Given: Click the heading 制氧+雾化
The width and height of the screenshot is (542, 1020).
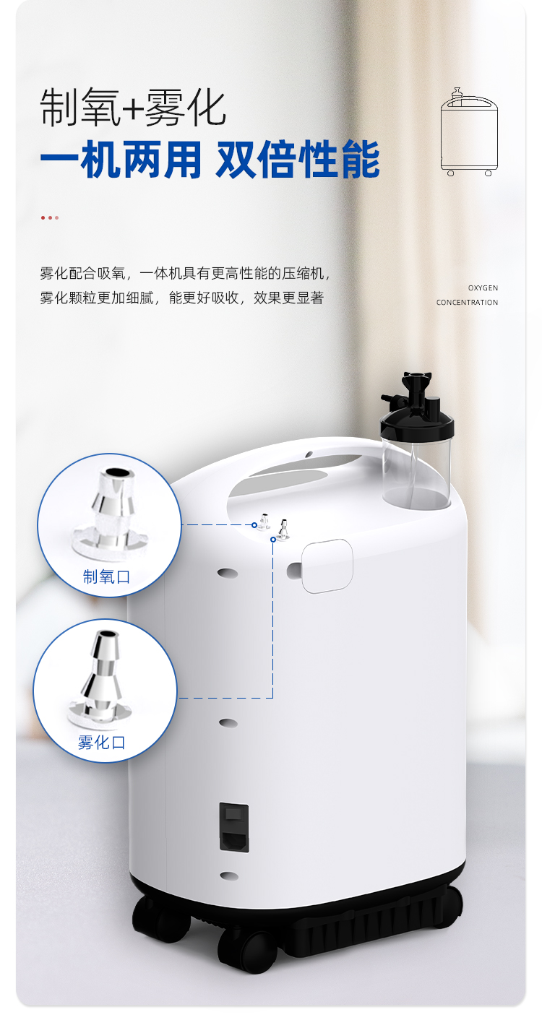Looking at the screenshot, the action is tap(133, 108).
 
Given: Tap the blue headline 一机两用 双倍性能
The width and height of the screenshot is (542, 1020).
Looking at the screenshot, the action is tap(210, 160).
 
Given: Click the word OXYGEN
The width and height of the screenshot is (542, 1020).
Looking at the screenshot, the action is tap(483, 288).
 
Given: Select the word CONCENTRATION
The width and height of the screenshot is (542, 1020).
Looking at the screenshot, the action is tap(467, 303).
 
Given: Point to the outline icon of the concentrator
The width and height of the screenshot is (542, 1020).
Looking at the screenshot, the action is tap(469, 131).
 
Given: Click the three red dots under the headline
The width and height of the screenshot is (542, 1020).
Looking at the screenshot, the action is tap(50, 217).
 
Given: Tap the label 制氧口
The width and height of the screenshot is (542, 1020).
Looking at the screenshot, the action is tap(106, 577).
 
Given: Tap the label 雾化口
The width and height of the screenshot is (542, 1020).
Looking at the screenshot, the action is tap(102, 742).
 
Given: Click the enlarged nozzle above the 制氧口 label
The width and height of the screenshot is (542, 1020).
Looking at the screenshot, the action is tap(110, 512).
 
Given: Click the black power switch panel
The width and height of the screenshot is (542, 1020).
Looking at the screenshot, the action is tap(234, 827).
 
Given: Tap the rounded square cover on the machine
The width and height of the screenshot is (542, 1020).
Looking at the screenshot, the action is tap(327, 566).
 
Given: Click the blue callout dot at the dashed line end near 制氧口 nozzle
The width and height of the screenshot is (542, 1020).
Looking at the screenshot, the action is tap(254, 525).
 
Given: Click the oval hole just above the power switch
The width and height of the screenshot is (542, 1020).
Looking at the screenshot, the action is tap(228, 722).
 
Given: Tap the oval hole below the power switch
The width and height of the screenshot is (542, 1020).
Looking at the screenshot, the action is tap(228, 876).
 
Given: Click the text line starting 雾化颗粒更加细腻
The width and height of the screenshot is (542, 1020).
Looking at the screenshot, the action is tap(181, 298).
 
